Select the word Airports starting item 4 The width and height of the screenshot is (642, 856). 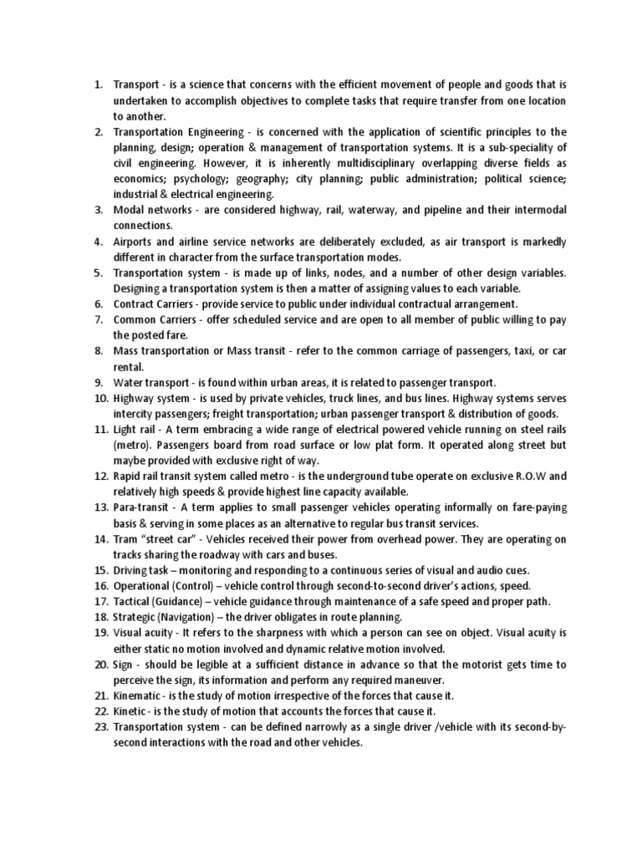tap(137, 242)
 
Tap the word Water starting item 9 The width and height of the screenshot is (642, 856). tap(130, 383)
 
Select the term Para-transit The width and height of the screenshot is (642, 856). tap(141, 508)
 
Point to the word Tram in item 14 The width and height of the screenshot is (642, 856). tap(128, 539)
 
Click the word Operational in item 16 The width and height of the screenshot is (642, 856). tap(144, 586)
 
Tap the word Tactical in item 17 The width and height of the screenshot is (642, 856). tap(134, 602)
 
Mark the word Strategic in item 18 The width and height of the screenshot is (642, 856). tap(136, 618)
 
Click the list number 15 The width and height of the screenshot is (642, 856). tap(100, 571)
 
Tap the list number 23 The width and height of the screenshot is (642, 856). tap(100, 727)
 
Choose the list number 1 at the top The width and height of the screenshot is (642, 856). tap(97, 84)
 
